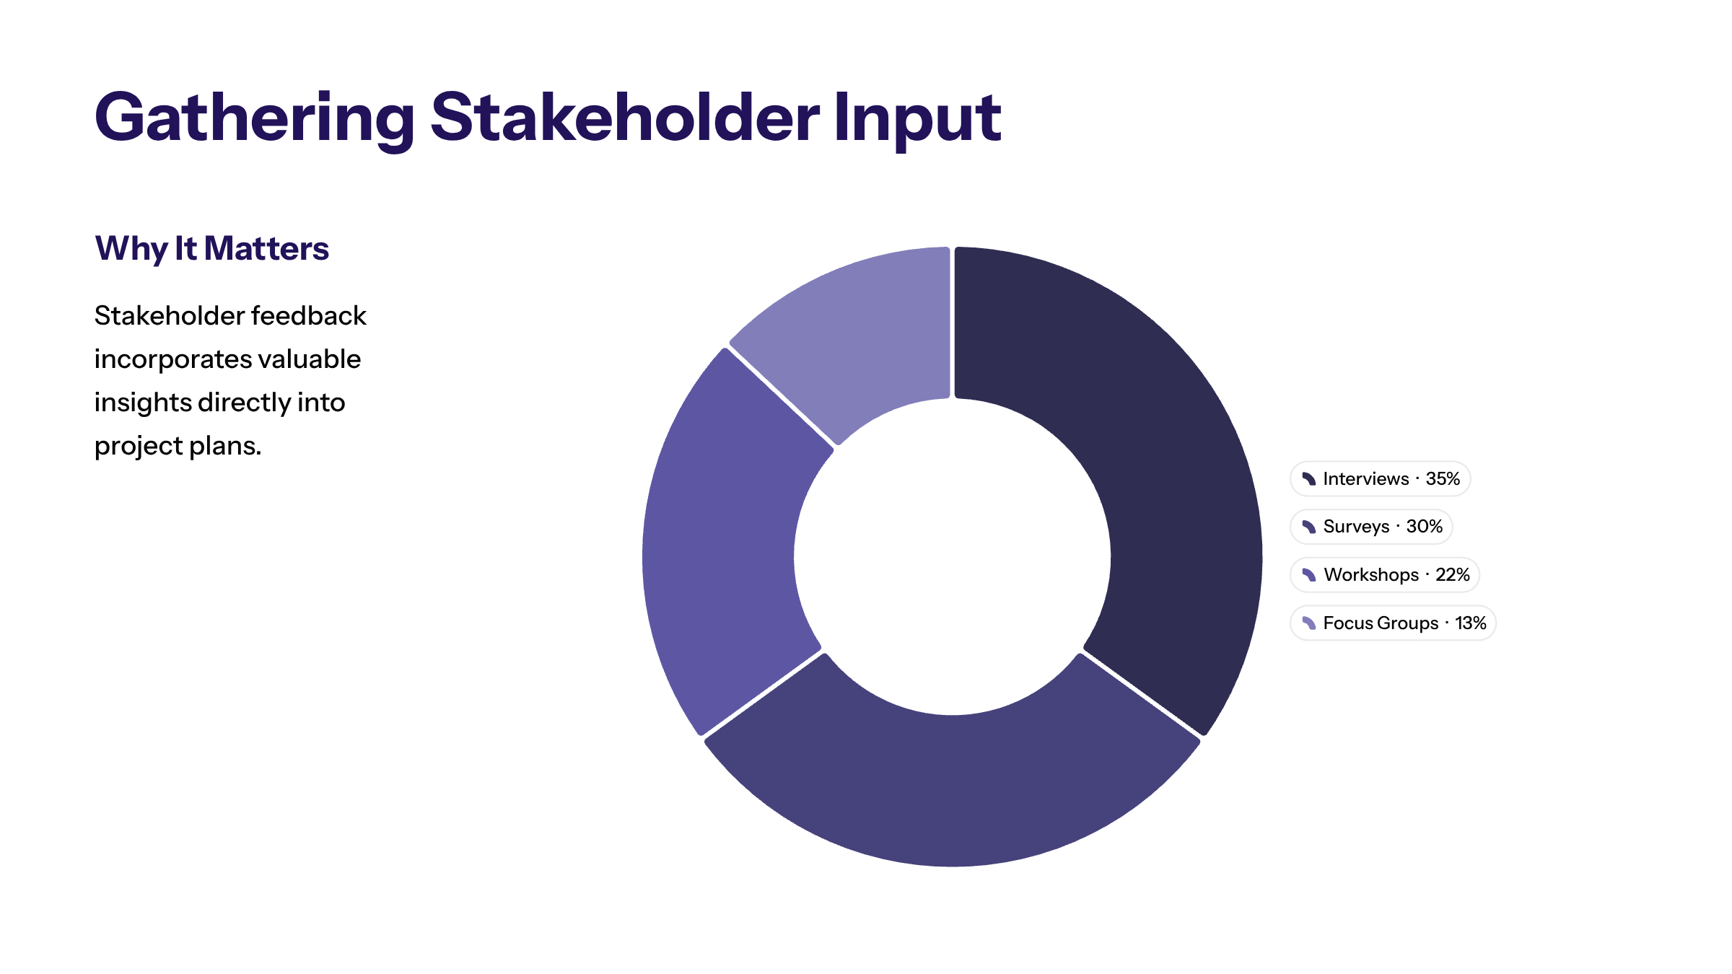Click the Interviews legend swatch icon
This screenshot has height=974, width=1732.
click(1309, 479)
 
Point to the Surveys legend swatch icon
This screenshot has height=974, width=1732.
click(1309, 527)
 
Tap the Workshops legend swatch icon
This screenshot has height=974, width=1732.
click(1309, 575)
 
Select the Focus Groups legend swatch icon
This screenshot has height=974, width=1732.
click(1309, 623)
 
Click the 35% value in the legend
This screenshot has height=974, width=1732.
click(1443, 479)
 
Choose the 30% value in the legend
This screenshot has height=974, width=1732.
click(1425, 527)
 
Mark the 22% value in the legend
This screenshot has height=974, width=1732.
click(1453, 575)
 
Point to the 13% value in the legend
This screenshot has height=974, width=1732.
click(1471, 623)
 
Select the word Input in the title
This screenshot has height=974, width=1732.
click(917, 120)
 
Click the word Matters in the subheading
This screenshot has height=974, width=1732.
click(266, 248)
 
